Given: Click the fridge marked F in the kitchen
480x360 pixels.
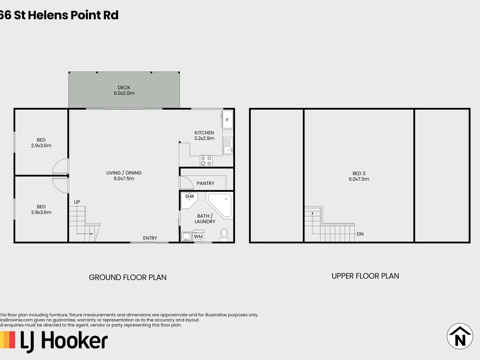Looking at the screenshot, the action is coord(227,120).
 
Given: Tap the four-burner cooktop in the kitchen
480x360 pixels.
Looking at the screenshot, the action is coord(206,161).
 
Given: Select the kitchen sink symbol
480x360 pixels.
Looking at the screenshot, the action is coord(228,146).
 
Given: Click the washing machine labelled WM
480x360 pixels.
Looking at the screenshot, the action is coord(198,236).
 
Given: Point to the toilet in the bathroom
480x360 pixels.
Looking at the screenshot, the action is coord(224,235).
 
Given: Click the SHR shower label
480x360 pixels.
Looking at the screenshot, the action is coord(189,196).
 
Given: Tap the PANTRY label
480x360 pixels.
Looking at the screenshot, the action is coord(205,183).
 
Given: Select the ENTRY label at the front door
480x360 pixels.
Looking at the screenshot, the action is coord(150,238).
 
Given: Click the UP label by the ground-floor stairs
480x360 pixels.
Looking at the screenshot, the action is coord(77,202).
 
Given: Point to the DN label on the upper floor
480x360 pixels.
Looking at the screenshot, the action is coord(360,234).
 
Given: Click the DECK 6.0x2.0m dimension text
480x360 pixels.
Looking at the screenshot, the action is coord(124,93).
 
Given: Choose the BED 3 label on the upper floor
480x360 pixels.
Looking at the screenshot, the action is coord(359,173).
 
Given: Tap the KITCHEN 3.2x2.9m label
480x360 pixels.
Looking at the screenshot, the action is coord(204,136).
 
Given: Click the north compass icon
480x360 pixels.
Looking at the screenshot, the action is coord(460,336).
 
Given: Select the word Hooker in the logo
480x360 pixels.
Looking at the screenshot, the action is coord(74,341).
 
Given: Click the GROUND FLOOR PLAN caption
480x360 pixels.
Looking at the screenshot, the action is coord(128,277).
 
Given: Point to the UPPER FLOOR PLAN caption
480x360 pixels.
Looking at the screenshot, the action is coord(365,276).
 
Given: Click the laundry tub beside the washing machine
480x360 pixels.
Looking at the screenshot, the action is coord(186,237).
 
